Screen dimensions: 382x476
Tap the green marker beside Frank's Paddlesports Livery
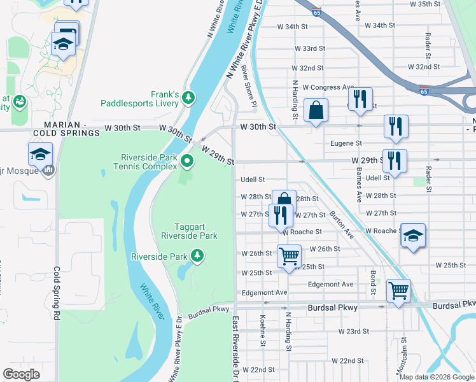point(188,97)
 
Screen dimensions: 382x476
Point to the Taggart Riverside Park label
point(197,231)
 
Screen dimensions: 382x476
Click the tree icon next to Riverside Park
point(198,256)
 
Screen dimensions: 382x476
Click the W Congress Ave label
point(328,87)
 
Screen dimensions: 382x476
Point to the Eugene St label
point(346,144)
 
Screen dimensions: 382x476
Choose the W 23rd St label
point(354,332)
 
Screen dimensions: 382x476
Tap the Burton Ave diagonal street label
point(342,225)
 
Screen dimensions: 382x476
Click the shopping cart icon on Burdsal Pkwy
point(398,290)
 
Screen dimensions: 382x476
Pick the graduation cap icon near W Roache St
point(413,236)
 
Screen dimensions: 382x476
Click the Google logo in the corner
point(22,374)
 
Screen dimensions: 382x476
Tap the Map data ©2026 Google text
point(437,376)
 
